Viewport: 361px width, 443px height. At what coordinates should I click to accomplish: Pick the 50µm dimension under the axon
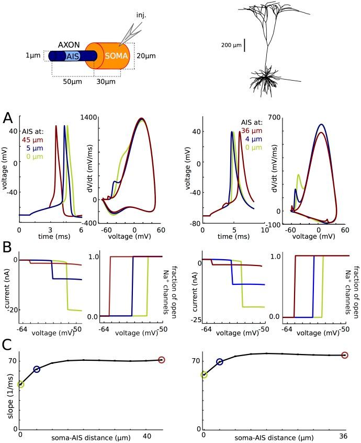coord(73,83)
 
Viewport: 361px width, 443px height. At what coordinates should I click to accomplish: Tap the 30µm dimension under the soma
coord(107,83)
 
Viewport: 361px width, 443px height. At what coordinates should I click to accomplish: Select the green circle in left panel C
coord(21,384)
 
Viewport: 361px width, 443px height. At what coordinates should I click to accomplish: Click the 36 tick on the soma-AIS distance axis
coord(344,436)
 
